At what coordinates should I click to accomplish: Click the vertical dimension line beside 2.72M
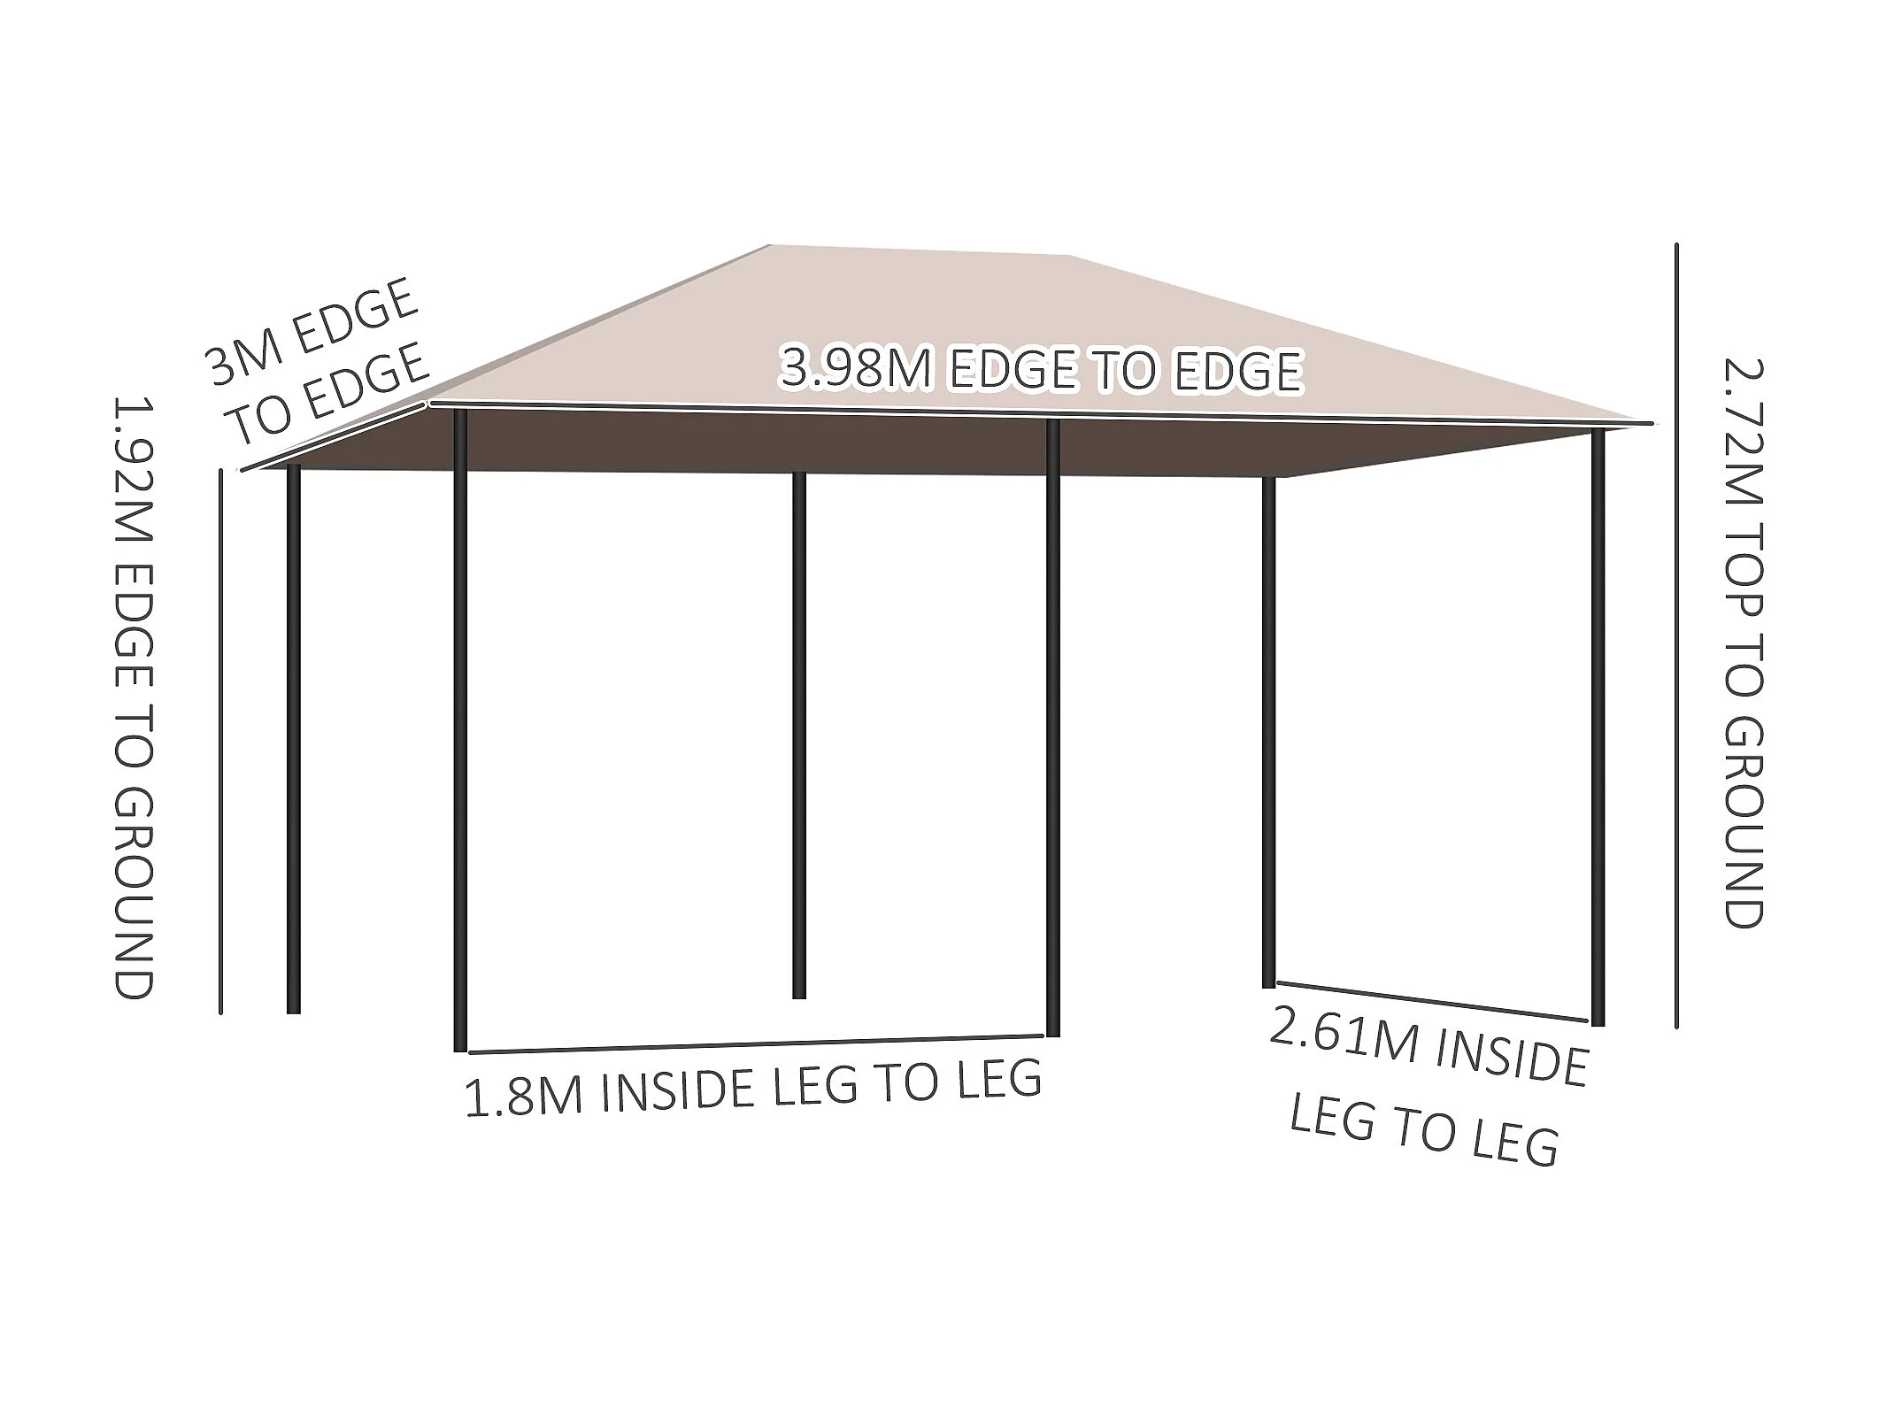(x=1675, y=637)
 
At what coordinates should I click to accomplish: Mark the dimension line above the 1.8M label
(x=757, y=1044)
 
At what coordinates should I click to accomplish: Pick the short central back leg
(x=798, y=735)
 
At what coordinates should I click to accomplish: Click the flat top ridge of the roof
(x=920, y=250)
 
